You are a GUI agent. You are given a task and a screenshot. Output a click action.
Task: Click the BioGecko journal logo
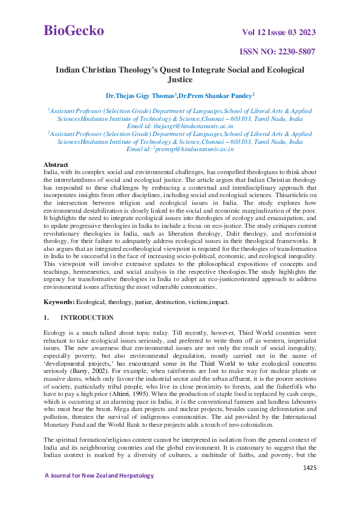[x=74, y=30]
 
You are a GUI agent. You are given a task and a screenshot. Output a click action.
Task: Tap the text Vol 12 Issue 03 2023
[x=278, y=32]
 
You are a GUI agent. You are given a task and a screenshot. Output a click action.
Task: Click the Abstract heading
[x=56, y=164]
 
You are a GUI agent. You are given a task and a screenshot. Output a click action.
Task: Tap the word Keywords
[x=59, y=300]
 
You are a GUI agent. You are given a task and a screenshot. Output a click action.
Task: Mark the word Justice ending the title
[x=180, y=79]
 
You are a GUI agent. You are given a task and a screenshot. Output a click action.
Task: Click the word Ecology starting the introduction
[x=56, y=333]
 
